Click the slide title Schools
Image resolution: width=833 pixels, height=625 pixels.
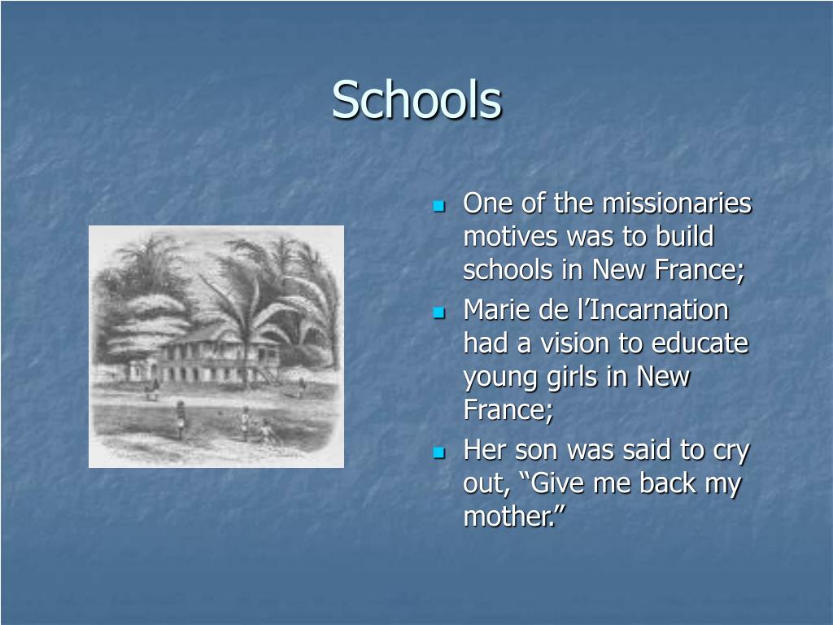[416, 100]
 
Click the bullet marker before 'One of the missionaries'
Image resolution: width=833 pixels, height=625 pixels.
[439, 205]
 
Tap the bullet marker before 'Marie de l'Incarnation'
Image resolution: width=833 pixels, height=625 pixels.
[439, 312]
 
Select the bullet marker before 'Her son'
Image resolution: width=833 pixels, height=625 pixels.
[439, 452]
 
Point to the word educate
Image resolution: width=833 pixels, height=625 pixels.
[700, 343]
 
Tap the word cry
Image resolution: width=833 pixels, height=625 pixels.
[732, 450]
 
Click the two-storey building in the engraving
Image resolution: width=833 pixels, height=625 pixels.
[216, 356]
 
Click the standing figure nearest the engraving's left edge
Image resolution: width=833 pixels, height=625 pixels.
[180, 422]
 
